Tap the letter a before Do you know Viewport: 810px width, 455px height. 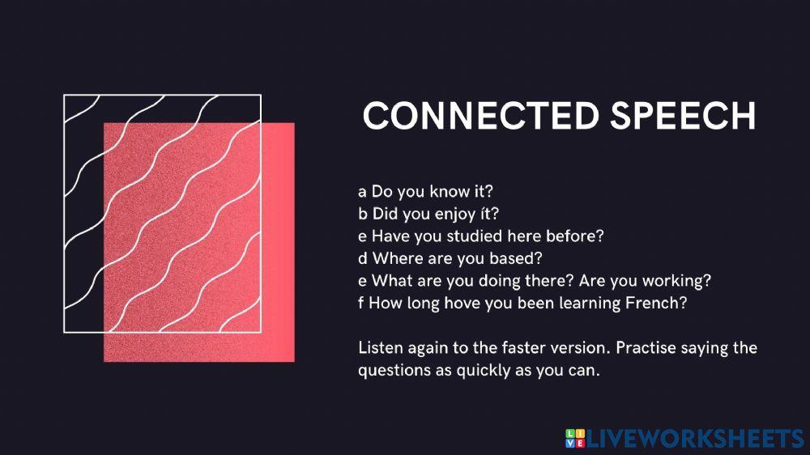coord(361,193)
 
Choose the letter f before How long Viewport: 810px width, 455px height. coord(360,304)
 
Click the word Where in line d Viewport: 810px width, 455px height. coord(394,258)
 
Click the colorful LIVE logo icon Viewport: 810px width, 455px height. coord(574,438)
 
